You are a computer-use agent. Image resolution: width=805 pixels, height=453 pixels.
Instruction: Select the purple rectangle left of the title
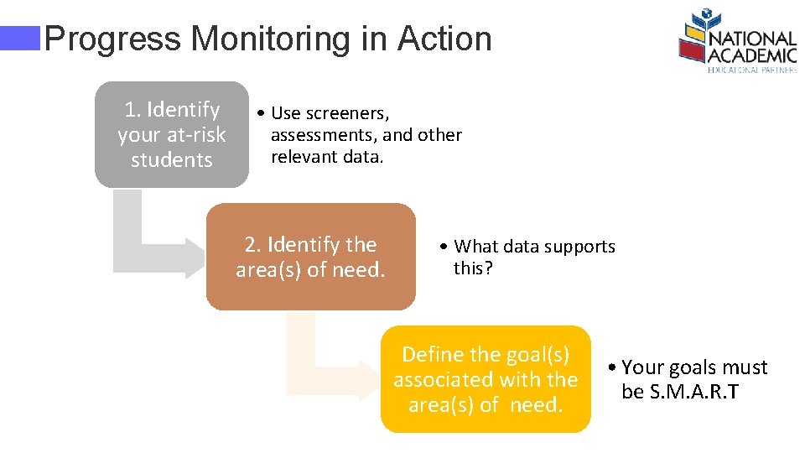coord(20,39)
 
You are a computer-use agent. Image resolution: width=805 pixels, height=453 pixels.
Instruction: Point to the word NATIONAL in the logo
coord(752,39)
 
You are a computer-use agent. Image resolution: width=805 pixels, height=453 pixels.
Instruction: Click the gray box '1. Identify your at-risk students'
coord(171,134)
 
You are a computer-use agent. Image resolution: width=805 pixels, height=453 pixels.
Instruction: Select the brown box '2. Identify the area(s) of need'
coord(310,257)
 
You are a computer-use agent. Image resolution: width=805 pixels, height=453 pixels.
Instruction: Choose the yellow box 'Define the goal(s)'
coord(486,379)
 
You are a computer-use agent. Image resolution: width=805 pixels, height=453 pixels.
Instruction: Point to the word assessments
coord(325,135)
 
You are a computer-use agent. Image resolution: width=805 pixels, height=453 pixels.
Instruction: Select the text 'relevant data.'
coord(326,157)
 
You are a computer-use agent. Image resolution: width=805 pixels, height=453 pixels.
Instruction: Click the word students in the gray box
coord(171,159)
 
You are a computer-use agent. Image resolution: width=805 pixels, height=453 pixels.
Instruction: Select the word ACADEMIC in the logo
coord(752,55)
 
